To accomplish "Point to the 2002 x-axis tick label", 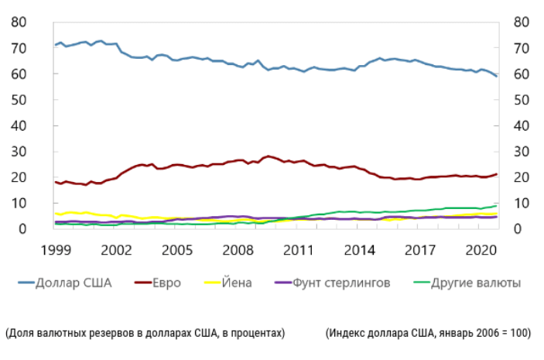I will (116, 250).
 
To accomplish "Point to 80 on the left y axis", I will (19, 22).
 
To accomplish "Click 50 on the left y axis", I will (19, 100).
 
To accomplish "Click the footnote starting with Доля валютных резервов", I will (145, 333).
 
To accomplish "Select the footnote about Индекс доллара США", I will (428, 333).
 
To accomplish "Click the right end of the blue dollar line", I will (497, 76).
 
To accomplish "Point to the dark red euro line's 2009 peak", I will (268, 156).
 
